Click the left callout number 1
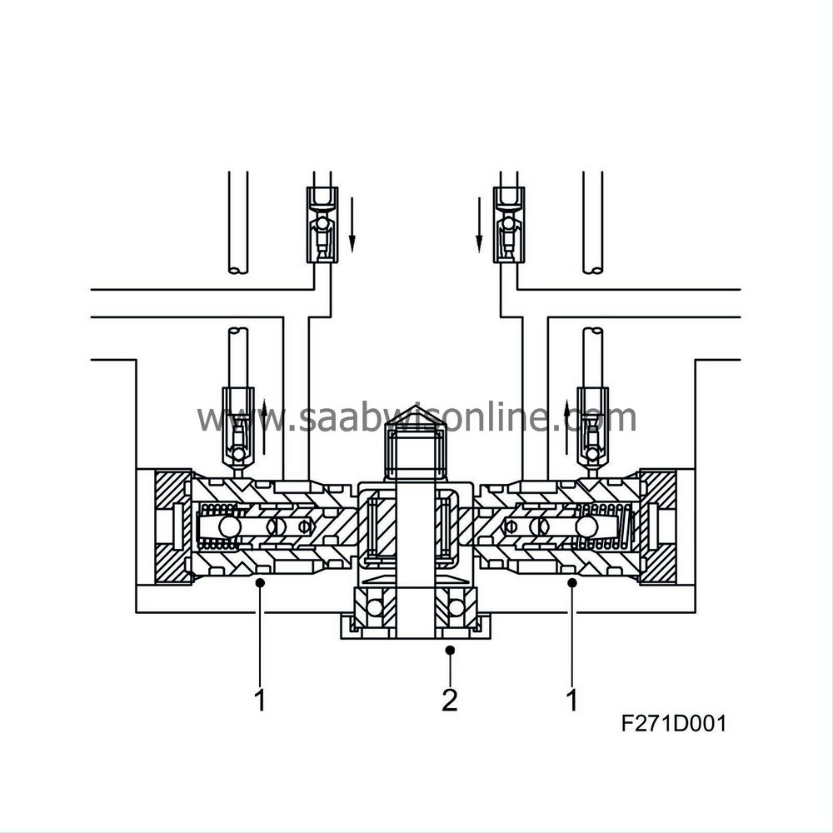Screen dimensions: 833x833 [260, 700]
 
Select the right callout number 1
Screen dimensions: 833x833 [572, 700]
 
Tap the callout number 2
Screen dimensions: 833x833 [449, 700]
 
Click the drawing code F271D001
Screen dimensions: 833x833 [673, 722]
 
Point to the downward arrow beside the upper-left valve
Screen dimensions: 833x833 [352, 223]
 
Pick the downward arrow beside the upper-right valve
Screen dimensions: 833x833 [479, 223]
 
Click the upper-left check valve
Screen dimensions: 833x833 [322, 225]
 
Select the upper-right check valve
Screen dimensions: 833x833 [508, 225]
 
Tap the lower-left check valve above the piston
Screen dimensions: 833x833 [238, 425]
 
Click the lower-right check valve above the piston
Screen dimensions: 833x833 [592, 425]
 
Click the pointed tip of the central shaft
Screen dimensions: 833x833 [416, 416]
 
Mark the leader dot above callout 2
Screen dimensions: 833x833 [449, 649]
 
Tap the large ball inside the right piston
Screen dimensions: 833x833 [586, 526]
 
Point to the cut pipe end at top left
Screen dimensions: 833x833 [238, 268]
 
